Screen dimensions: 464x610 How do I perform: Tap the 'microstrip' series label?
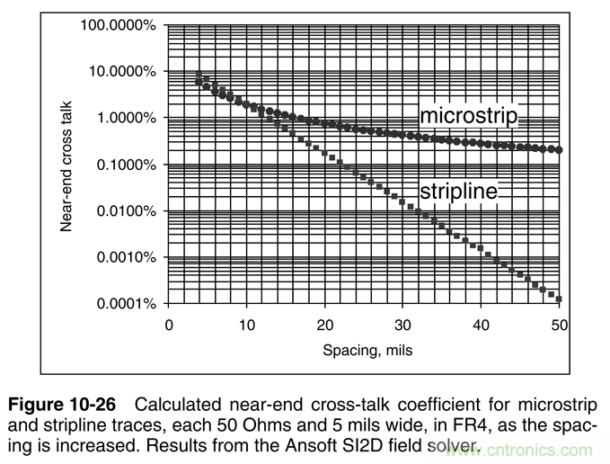[471, 116]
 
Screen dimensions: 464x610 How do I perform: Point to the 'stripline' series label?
[458, 190]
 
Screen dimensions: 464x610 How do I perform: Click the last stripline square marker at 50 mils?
[559, 299]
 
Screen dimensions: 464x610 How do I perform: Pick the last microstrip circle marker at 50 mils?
[559, 150]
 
